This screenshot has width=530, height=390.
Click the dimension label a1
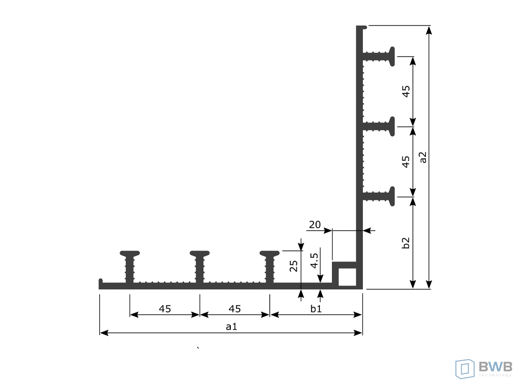point(232,326)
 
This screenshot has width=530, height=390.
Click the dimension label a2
point(423,157)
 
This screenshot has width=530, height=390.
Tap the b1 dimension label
point(316,309)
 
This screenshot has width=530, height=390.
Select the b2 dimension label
point(406,243)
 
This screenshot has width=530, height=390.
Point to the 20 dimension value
point(315,224)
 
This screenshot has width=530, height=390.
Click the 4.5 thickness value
point(314,260)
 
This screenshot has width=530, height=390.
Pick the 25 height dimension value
point(293,266)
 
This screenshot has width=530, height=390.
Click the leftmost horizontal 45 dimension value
point(165,309)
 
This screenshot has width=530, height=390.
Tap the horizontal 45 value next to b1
point(235,309)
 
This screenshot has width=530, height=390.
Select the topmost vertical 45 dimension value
point(406,91)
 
